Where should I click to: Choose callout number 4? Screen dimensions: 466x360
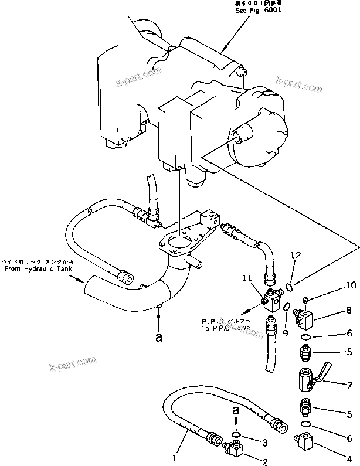pyautogui.click(x=349, y=439)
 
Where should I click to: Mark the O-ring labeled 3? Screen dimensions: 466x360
pyautogui.click(x=236, y=434)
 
